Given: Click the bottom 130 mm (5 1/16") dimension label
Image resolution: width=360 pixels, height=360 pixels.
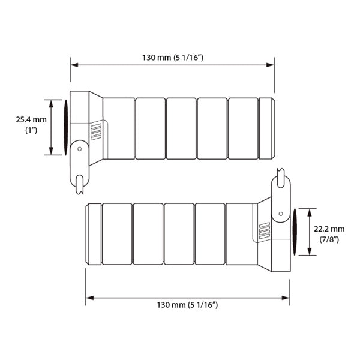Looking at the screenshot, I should click(185, 305).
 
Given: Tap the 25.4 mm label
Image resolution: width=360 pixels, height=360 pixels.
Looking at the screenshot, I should click(31, 120).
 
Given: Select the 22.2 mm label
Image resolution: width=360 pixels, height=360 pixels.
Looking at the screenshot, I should click(329, 229).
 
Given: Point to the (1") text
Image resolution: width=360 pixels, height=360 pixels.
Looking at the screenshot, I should click(31, 130).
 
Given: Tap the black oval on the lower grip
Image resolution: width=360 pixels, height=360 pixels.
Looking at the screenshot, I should click(295, 230).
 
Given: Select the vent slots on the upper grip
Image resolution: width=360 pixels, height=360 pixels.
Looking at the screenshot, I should click(96, 132).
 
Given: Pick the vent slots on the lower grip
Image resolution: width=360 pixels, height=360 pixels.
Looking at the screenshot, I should click(264, 230).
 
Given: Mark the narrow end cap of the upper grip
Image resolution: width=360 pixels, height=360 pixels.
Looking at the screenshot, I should click(267, 128).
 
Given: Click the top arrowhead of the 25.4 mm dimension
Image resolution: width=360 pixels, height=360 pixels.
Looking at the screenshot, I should click(50, 101).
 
